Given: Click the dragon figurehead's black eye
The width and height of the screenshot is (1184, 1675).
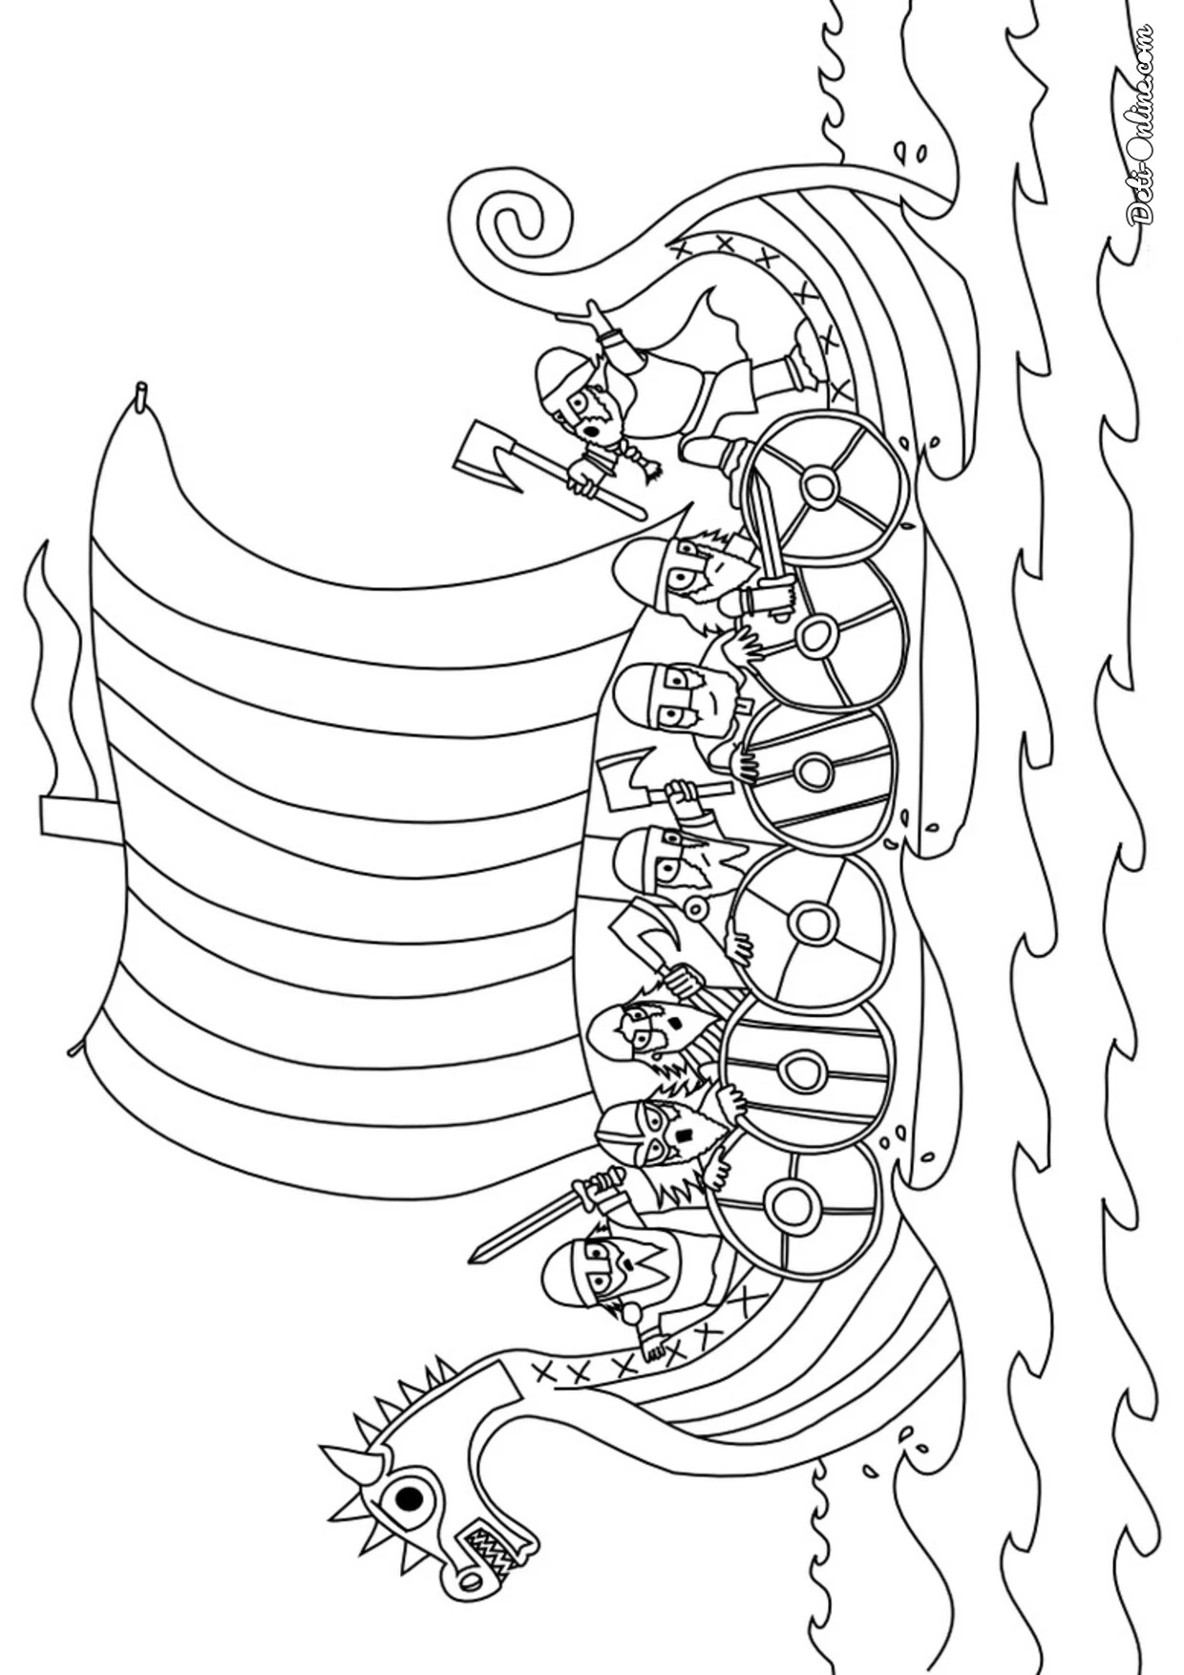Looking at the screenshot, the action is coord(410,1498).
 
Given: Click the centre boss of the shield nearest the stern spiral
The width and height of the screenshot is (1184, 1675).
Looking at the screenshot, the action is coord(820,487).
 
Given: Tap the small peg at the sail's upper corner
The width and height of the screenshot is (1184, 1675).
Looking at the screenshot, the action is coord(141,395).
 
